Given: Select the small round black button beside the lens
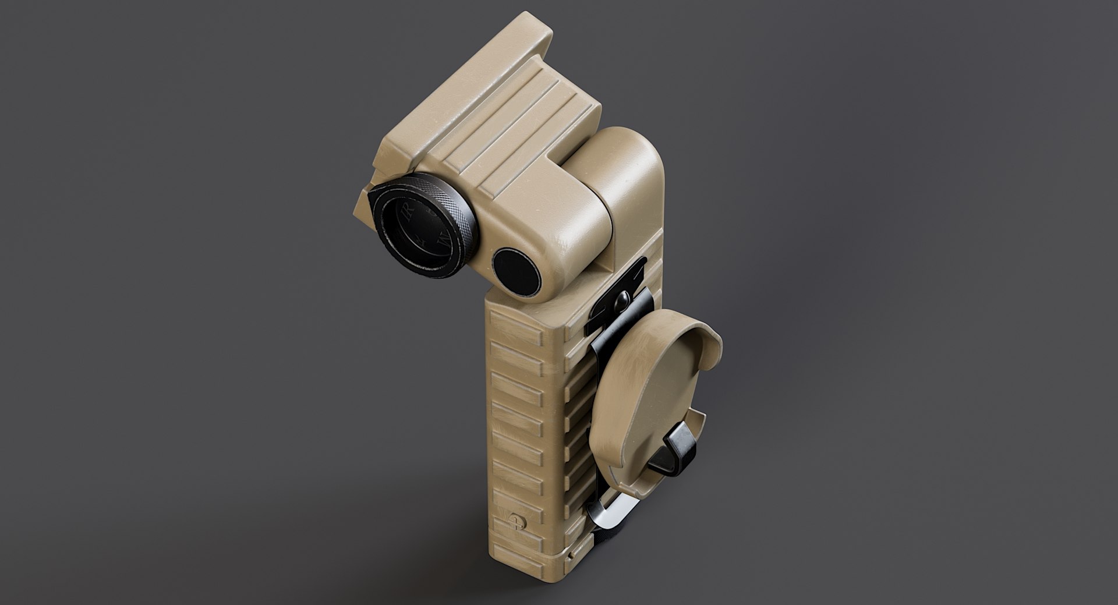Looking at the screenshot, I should (x=516, y=270).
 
